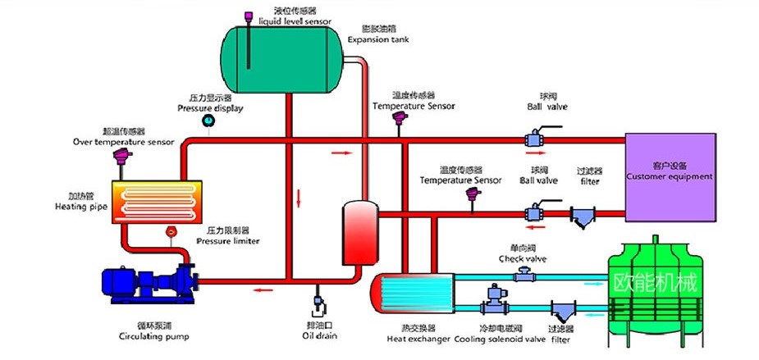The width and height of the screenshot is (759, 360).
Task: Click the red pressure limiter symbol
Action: pyautogui.click(x=171, y=232)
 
